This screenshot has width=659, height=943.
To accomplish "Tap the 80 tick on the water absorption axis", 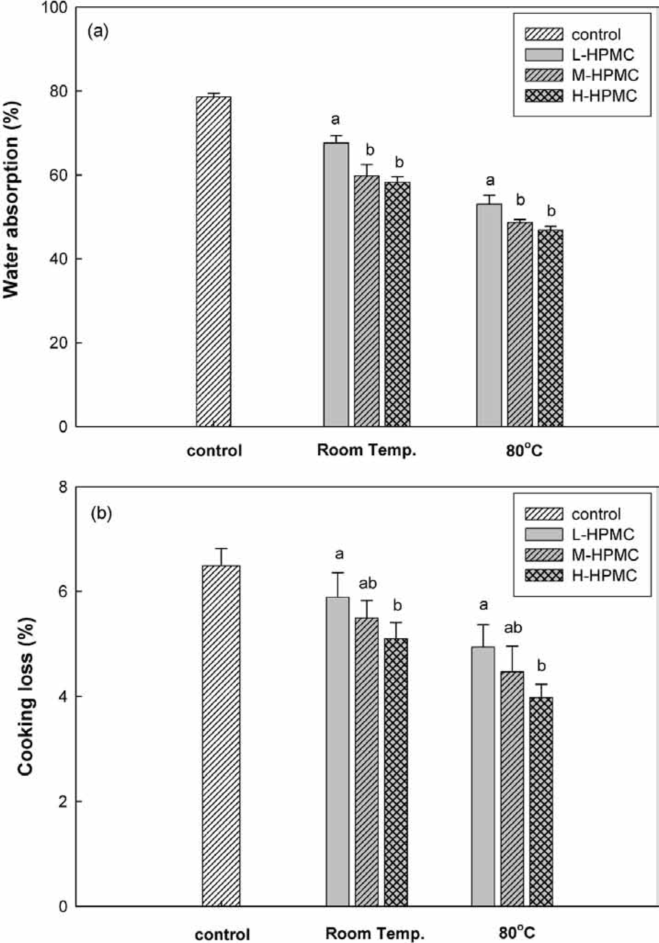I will (58, 91).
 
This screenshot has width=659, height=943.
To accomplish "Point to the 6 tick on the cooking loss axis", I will (62, 592).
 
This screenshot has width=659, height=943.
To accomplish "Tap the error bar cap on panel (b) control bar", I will (221, 549).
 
